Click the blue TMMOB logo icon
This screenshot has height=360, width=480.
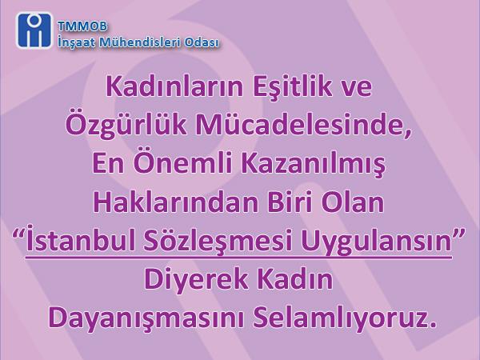click(34, 30)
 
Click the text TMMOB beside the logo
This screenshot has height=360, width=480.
click(82, 26)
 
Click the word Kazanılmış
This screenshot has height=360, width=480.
click(313, 164)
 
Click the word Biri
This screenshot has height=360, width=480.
click(292, 202)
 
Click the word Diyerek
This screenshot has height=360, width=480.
click(196, 281)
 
